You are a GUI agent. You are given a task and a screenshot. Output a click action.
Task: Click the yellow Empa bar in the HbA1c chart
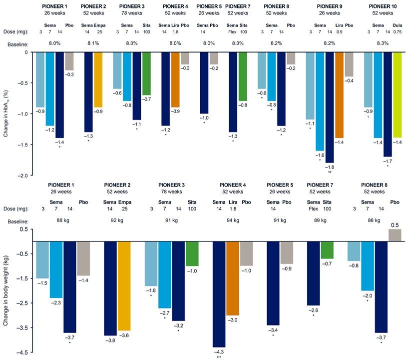pyautogui.click(x=98, y=79)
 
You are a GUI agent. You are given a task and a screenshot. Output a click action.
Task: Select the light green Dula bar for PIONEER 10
pyautogui.click(x=398, y=94)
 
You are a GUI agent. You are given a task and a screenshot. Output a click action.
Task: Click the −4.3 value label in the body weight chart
pyautogui.click(x=219, y=352)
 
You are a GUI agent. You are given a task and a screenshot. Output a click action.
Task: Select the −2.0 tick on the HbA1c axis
pyautogui.click(x=22, y=176)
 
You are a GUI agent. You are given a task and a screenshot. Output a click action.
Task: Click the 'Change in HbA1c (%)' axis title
pyautogui.click(x=6, y=114)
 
